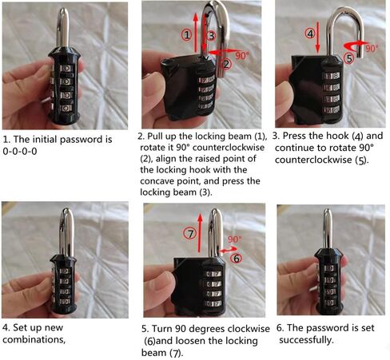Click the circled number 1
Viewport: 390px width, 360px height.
187,35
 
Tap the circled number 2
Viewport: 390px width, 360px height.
226,64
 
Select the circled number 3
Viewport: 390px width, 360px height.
211,35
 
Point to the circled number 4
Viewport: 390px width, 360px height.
310,34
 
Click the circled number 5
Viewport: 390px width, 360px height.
349,58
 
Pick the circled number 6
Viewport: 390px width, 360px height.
237,258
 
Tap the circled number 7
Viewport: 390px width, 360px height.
190,234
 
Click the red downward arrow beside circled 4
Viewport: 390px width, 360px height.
318,38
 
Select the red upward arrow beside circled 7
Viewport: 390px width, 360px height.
200,232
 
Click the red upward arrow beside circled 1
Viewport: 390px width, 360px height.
196,33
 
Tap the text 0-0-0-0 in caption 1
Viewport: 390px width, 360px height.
20,152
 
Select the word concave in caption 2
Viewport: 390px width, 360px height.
157,181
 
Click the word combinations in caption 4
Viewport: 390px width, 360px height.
34,340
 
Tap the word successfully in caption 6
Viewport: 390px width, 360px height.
306,340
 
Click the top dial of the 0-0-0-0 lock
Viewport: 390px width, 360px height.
66,69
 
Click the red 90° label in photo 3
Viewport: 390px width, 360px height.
372,48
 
